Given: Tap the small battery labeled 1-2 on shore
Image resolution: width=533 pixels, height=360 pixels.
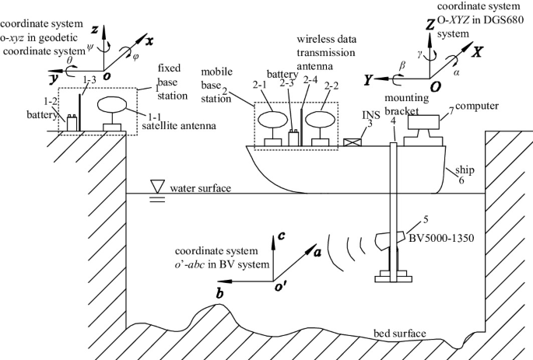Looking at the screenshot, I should [72, 123].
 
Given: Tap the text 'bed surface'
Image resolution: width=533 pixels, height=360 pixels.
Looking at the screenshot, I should [400, 334].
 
